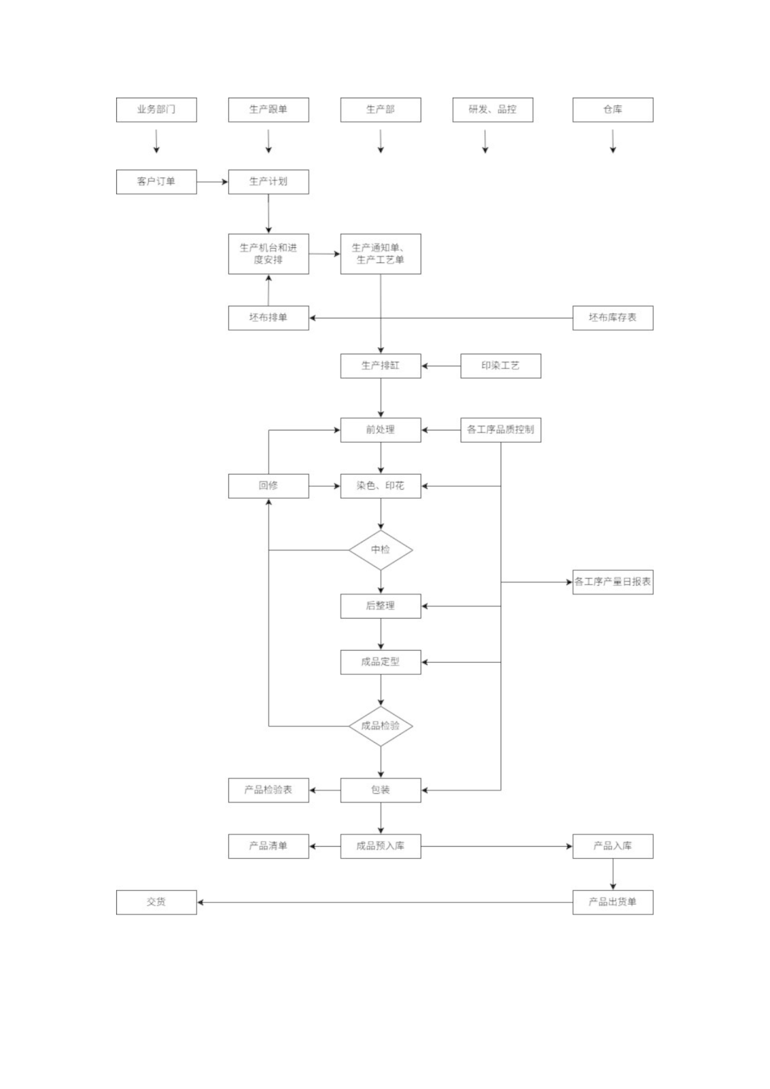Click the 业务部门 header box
[156, 110]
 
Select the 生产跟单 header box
[268, 110]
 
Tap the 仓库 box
[612, 110]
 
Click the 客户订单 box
[156, 182]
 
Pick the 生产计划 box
[268, 182]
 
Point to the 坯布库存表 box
[612, 318]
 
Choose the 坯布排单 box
[268, 318]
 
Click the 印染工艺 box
[500, 366]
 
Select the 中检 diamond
[381, 550]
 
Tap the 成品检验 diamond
[381, 726]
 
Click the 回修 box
[268, 486]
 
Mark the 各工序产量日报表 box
[612, 582]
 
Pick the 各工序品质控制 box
[500, 430]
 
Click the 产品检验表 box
[268, 790]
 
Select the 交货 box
[156, 902]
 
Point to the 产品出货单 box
[612, 902]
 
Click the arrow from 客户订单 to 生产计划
[212, 182]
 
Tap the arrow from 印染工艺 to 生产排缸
[441, 366]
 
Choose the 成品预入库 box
[381, 846]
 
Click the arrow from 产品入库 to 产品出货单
[613, 874]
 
